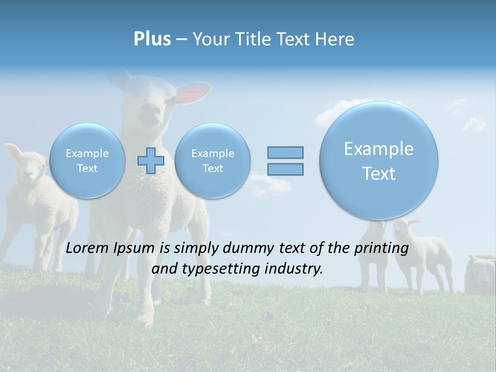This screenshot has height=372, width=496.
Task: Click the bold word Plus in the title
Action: pos(152,39)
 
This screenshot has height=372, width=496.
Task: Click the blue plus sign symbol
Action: pos(151,161)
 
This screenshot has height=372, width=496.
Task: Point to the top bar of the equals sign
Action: pos(285,152)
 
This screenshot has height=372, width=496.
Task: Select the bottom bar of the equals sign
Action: pos(285,169)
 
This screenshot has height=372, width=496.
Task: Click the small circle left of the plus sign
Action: pos(87,161)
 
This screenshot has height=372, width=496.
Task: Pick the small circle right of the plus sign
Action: pos(212,161)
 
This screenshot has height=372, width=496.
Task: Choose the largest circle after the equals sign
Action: pos(379,161)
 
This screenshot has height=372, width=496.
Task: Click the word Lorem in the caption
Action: pos(88,248)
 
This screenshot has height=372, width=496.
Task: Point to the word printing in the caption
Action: pos(381,249)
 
